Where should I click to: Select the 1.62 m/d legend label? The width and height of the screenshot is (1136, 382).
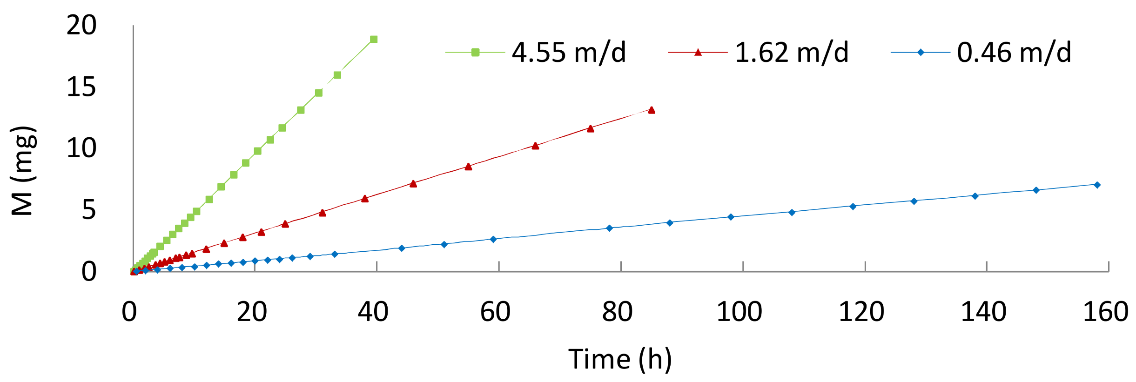[x=792, y=52]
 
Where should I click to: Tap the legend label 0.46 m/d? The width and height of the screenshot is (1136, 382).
[x=1014, y=52]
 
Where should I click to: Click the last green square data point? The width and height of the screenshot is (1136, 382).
[x=374, y=40]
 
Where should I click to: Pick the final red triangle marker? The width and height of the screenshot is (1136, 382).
[x=652, y=110]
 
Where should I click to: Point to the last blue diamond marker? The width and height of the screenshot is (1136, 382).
[x=1097, y=185]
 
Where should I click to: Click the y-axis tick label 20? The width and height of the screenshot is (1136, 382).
[x=81, y=25]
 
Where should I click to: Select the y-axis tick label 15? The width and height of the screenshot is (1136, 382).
[x=81, y=87]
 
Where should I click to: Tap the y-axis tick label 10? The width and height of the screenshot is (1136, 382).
[x=81, y=149]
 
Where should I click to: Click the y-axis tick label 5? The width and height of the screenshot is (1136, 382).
[x=89, y=210]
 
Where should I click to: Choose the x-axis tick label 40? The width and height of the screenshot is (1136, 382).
[x=373, y=312]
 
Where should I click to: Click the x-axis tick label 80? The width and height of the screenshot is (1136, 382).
[x=618, y=312]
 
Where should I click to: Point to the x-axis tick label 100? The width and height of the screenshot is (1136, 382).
[x=739, y=312]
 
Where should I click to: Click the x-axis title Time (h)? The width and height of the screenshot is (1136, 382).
[x=620, y=360]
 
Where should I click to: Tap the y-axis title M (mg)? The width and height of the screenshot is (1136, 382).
[x=22, y=171]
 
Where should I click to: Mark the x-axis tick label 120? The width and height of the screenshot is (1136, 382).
[x=861, y=312]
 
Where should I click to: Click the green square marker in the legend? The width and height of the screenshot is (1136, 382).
[x=475, y=53]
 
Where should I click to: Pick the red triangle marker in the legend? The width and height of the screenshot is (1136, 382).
[x=698, y=53]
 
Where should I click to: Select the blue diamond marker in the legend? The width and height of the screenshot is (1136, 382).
[x=921, y=53]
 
